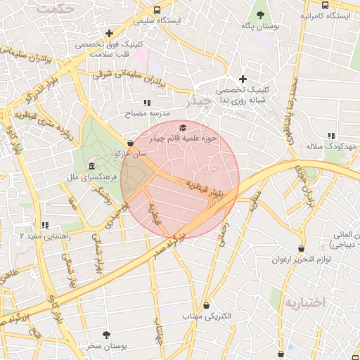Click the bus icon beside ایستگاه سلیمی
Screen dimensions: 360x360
(157, 11)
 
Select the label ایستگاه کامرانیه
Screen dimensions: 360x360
(326, 15)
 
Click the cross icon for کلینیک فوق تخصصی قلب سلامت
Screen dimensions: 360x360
(109, 33)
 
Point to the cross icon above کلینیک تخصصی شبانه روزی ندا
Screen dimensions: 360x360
(243, 79)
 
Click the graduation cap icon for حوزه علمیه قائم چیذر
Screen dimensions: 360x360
(183, 127)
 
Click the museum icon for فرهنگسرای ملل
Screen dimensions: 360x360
(92, 166)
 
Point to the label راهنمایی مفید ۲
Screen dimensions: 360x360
(47, 237)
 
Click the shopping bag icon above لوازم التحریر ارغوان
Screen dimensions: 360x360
(301, 248)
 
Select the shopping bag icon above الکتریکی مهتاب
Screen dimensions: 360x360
(206, 305)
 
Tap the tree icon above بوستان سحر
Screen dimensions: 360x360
(106, 335)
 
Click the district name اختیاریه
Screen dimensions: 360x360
(306, 302)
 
